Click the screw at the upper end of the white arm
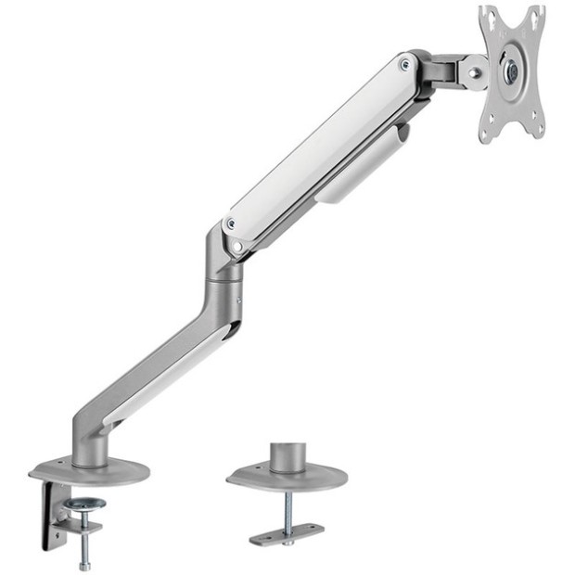404,64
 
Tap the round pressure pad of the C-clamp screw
84,505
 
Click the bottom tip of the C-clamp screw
84,565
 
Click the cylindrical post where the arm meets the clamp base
90,445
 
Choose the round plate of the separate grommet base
287,479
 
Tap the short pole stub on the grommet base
287,456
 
